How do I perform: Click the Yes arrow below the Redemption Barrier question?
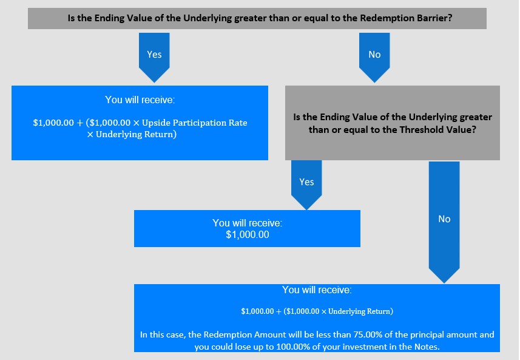(154, 57)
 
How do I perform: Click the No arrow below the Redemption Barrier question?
(374, 57)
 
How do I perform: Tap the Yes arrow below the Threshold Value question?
(306, 185)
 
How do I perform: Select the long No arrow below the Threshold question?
(444, 222)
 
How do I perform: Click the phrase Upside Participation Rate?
(195, 123)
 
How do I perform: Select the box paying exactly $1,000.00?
(247, 228)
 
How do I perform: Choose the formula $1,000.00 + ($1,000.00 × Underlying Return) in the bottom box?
(317, 311)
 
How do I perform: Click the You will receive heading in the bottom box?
(317, 290)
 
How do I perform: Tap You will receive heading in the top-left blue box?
(140, 100)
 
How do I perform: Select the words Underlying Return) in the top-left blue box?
(137, 134)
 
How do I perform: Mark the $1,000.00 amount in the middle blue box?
(248, 234)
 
